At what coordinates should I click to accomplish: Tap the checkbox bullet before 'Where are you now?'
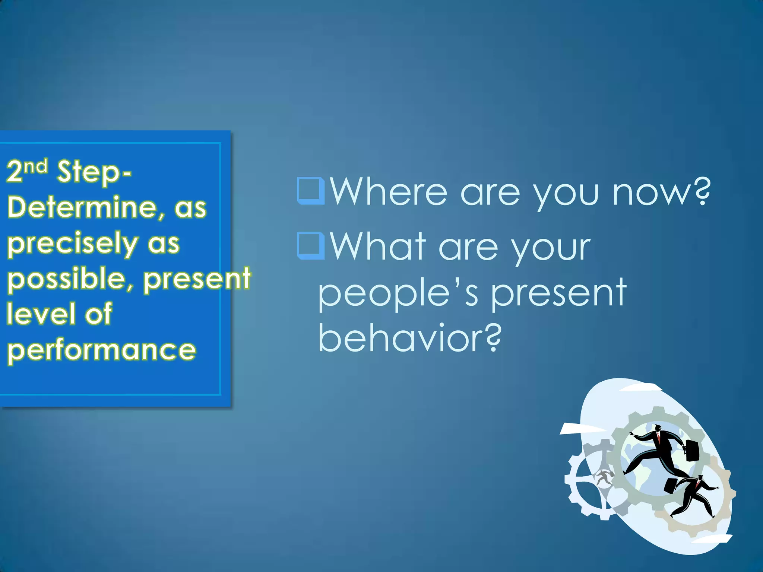point(310,191)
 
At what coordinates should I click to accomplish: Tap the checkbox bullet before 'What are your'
point(310,246)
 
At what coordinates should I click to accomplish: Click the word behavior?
point(410,338)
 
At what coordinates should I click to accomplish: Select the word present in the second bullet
point(558,294)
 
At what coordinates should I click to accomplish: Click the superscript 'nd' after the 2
point(36,166)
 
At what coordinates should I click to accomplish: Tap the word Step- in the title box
point(94,172)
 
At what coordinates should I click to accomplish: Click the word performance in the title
point(101,350)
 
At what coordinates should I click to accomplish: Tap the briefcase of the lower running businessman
point(671,486)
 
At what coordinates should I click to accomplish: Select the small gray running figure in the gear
point(604,477)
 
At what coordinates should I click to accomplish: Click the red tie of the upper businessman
point(658,437)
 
